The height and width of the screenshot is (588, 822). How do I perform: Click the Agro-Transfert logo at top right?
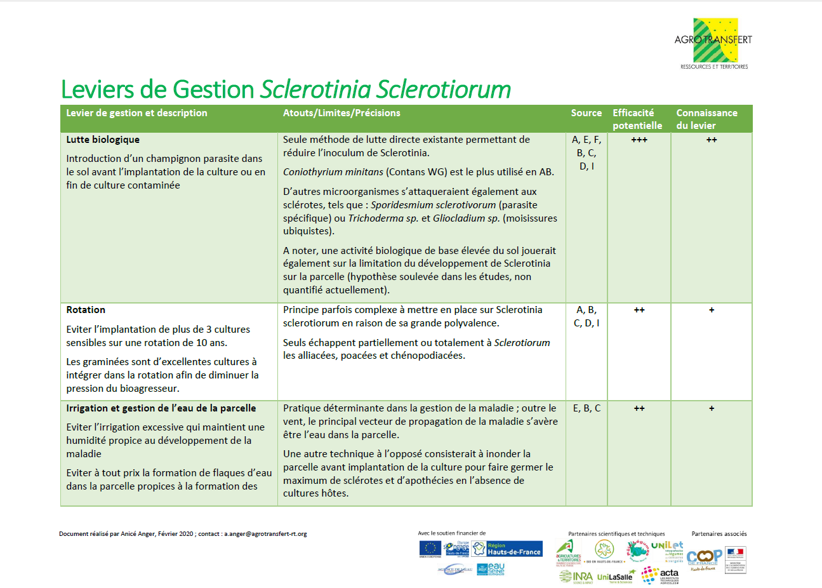(713, 43)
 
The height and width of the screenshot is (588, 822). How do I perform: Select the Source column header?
(586, 113)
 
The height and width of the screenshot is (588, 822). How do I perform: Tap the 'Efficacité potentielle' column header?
(637, 119)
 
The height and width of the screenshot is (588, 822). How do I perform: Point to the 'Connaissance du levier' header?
(706, 119)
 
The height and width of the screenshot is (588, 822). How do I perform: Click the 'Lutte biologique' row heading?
(103, 140)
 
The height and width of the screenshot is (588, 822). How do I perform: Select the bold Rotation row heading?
(86, 310)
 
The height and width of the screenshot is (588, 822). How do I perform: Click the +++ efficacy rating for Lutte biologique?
(639, 140)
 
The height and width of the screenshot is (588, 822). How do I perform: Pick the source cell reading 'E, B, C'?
(587, 408)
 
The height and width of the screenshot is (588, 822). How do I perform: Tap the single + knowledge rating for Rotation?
(711, 310)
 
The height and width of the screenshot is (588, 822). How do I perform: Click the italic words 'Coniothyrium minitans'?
(333, 172)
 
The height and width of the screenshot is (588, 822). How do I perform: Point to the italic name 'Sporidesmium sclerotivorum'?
(433, 205)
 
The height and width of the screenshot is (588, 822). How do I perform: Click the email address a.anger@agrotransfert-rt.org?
(265, 534)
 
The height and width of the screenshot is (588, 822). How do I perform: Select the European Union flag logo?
(430, 549)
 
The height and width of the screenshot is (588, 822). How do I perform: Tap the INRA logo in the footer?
(576, 577)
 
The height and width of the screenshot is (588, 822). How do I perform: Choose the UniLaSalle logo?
(614, 577)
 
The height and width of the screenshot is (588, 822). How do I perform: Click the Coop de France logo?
(704, 557)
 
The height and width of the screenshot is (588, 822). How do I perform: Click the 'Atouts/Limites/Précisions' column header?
(341, 113)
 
